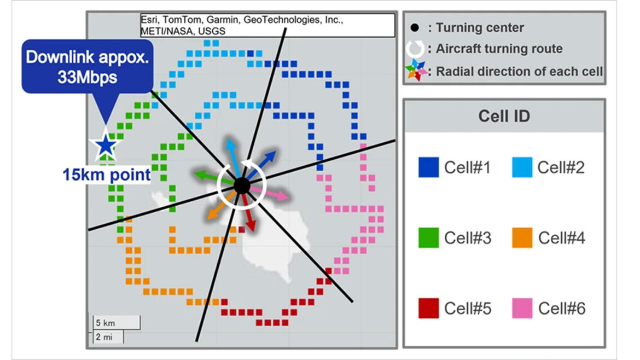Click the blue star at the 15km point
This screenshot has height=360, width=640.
tap(105, 146)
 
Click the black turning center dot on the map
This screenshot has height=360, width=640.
tap(241, 185)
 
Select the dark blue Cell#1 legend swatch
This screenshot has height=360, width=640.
tap(428, 167)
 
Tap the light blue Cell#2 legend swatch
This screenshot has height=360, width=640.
tap(522, 167)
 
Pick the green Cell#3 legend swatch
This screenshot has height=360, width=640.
tap(428, 238)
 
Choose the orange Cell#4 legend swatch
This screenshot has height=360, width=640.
tap(522, 238)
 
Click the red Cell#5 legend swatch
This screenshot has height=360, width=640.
tap(428, 308)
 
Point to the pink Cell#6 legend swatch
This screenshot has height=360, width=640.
tap(522, 308)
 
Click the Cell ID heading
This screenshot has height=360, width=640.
tap(504, 116)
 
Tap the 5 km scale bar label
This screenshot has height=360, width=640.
tap(104, 322)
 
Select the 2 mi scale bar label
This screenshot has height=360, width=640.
tap(104, 337)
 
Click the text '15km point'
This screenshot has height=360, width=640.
tap(106, 176)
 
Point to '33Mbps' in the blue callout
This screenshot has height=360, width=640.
tap(88, 77)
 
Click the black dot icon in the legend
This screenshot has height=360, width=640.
tap(415, 27)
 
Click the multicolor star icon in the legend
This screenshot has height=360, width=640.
tap(416, 71)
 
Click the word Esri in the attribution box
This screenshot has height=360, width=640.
tap(149, 20)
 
